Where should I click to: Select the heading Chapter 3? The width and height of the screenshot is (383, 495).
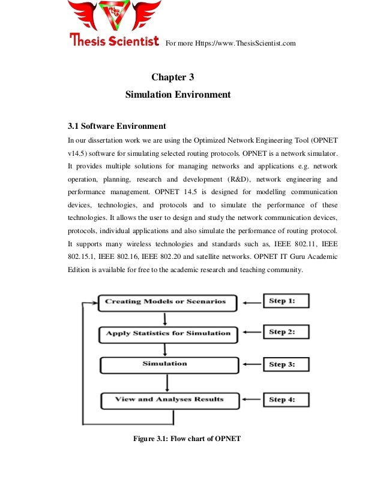coord(172,77)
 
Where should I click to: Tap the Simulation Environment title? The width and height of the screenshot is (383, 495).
coord(178,95)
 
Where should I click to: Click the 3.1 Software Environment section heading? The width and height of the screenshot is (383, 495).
coord(116,126)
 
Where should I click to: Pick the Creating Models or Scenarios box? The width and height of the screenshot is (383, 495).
coord(166,301)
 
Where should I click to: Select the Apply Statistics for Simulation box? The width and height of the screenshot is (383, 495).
coord(168,333)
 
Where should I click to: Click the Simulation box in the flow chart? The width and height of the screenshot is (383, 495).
coord(164,364)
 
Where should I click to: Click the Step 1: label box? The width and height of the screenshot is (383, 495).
coord(286,301)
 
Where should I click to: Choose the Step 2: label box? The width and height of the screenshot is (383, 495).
coord(286,332)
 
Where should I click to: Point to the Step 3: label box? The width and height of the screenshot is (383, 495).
coord(286,364)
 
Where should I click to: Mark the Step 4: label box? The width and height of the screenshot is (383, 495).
coord(286,399)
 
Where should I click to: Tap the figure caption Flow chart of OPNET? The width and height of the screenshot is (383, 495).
coord(187,439)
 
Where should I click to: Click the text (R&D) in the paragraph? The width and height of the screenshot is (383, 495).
coord(240,179)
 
